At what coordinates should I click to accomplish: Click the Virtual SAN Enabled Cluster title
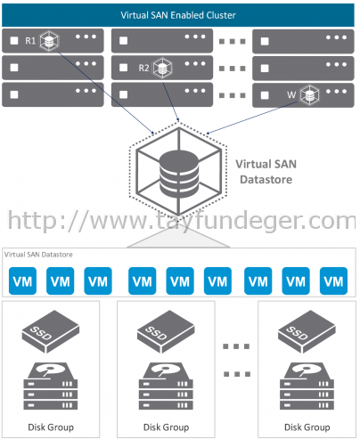[x=178, y=15]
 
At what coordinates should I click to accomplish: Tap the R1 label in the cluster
[x=30, y=40]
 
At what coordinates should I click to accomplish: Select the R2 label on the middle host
[x=143, y=68]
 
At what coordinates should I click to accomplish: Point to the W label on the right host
[x=291, y=94]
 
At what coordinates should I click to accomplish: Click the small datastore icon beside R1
[x=49, y=40]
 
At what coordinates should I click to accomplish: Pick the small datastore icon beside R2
[x=162, y=68]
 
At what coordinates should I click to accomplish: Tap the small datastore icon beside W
[x=309, y=95]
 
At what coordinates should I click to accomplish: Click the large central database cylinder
[x=179, y=174]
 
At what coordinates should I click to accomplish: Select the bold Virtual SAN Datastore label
[x=266, y=172]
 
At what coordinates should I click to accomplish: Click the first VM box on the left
[x=22, y=280]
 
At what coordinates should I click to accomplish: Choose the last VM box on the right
[x=333, y=280]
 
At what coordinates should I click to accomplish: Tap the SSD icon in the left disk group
[x=51, y=331]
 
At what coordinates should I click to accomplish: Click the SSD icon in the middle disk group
[x=166, y=331]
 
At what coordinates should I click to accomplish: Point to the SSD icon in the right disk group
[x=307, y=331]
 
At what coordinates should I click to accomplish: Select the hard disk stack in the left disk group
[x=51, y=386]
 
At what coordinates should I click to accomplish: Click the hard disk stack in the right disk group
[x=307, y=386]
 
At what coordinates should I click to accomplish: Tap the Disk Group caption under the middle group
[x=166, y=427]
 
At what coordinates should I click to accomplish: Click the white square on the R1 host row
[x=14, y=41]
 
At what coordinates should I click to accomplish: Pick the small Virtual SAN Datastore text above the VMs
[x=38, y=255]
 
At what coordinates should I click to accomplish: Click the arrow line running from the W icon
[x=251, y=118]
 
